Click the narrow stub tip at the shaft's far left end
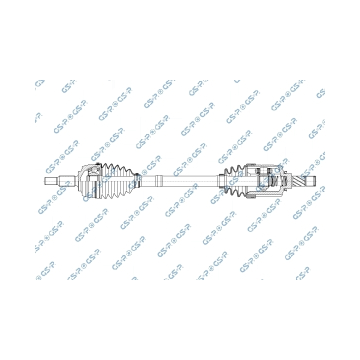(50, 181)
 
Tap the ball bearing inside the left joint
(94, 170)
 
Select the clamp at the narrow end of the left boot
(137, 181)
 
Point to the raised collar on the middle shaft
(159, 181)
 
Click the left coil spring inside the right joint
(273, 181)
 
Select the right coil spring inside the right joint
(284, 181)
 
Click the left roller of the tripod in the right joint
(257, 170)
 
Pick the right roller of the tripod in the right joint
(269, 170)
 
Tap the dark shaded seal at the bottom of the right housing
(250, 196)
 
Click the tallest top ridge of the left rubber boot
(105, 166)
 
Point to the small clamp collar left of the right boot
(221, 181)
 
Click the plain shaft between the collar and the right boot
(190, 181)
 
